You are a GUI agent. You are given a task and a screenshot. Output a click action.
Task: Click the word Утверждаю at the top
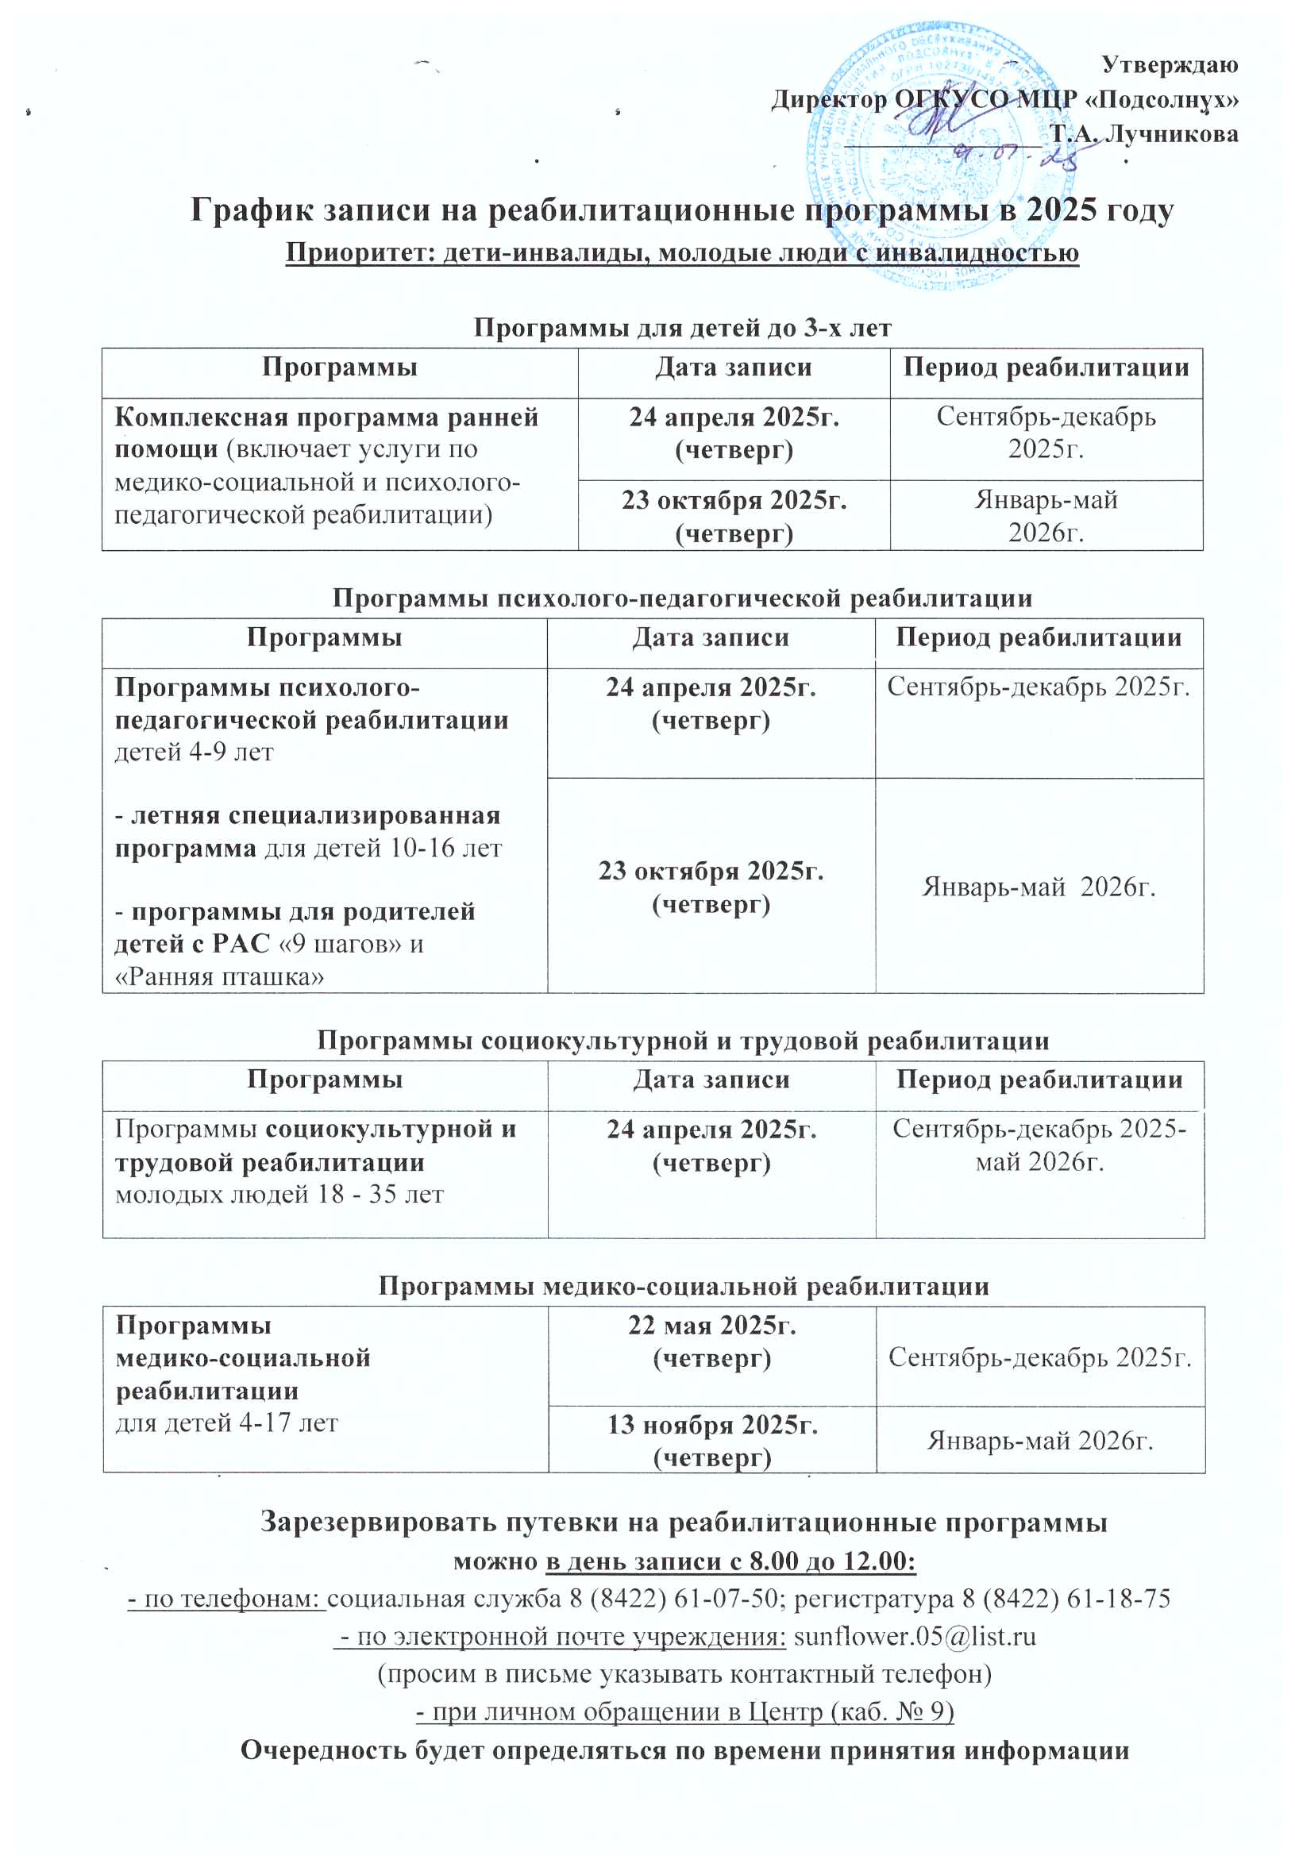[1169, 65]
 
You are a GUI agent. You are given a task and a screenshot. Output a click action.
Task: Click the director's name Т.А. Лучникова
[1144, 134]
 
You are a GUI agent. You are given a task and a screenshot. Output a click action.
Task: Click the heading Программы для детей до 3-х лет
[682, 328]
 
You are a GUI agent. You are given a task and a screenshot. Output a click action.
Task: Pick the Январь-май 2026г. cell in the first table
[1046, 516]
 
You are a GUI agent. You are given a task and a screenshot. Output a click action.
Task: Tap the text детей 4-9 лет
[194, 752]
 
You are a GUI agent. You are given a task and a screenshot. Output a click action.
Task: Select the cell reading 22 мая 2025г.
[711, 1341]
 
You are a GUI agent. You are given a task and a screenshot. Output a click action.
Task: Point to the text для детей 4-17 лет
[226, 1422]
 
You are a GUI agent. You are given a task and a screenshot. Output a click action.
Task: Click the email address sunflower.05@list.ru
[915, 1636]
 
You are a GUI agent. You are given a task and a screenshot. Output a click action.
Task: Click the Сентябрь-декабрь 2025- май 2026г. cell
[1039, 1145]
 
